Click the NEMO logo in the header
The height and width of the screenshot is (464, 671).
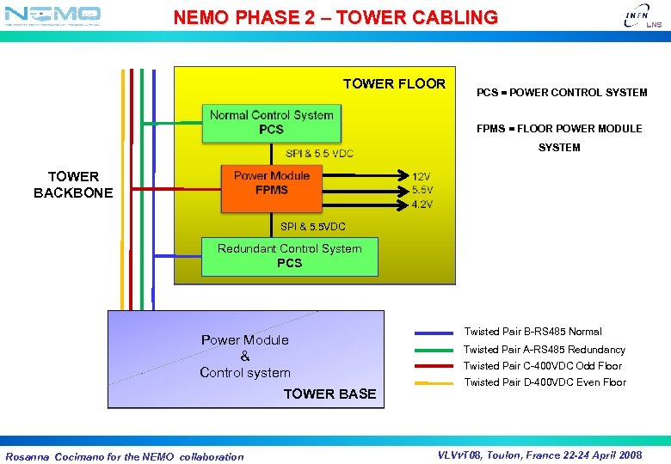(53, 15)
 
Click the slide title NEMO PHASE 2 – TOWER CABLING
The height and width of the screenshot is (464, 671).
(335, 17)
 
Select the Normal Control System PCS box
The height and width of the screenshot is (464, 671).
(271, 122)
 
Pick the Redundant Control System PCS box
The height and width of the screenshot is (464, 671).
(289, 256)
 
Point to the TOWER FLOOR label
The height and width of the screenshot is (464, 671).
(394, 83)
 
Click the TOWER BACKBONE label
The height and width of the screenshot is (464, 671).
(73, 185)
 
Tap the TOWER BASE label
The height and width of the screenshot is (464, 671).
(329, 394)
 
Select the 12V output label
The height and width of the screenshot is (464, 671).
(422, 176)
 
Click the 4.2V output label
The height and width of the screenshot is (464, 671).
(422, 204)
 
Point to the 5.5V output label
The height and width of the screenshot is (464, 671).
(422, 190)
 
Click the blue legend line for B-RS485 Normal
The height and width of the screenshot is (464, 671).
(434, 333)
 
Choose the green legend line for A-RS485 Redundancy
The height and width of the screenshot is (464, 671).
(434, 351)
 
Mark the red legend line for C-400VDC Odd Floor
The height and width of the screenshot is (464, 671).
(434, 366)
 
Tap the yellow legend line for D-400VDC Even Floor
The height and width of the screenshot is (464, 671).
(434, 383)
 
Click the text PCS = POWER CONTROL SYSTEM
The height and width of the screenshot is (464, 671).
(562, 92)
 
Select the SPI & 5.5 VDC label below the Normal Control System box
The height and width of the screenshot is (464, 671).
(319, 153)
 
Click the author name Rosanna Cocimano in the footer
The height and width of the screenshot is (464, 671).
(54, 456)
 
